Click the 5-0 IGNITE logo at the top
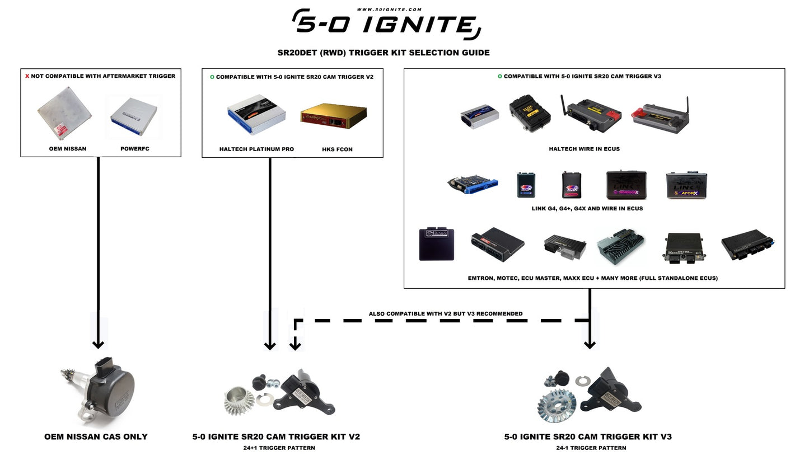[386, 25]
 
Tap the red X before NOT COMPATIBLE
[27, 76]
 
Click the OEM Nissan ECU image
[64, 113]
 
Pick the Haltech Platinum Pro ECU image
[256, 114]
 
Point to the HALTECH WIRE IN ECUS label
[584, 149]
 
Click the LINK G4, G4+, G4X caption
[587, 208]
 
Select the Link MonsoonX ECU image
[626, 185]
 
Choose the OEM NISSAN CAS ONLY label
[96, 436]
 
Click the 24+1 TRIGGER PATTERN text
[276, 448]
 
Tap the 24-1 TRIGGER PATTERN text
[591, 448]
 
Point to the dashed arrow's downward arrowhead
[295, 345]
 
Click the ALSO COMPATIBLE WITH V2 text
[445, 314]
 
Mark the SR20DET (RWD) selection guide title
[384, 53]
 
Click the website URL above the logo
[381, 10]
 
